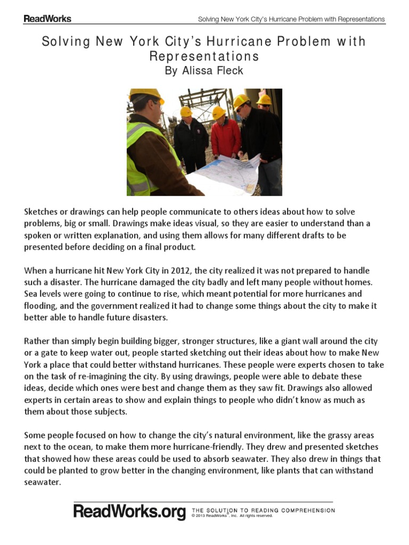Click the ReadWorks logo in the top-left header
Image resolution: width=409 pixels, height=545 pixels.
(47, 19)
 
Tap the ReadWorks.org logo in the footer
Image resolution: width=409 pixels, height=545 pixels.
(129, 512)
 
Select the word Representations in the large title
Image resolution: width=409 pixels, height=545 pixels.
(204, 56)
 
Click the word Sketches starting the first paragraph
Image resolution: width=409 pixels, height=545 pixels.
(41, 212)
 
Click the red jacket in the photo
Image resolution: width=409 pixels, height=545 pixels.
(225, 137)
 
